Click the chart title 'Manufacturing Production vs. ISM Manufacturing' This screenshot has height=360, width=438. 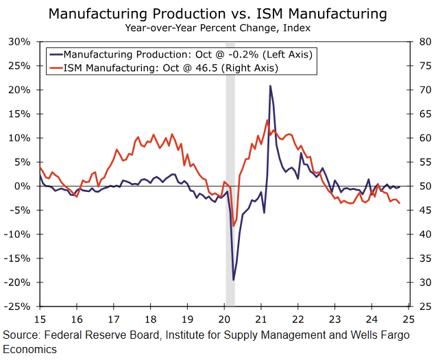coord(218,14)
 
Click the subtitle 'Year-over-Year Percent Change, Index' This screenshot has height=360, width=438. coord(218,28)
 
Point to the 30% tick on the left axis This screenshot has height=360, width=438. coord(19,42)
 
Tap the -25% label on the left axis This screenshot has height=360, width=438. coord(16,307)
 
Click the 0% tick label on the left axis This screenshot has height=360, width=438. coord(22,186)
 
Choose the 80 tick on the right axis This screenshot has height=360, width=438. coord(424,42)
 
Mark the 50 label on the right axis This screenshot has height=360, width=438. coord(424,186)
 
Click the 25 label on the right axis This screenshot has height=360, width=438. coord(424,307)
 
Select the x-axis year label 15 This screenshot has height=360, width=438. coord(39,319)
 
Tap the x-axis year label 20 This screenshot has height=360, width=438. coord(225,319)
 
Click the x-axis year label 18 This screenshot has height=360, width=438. coord(151,319)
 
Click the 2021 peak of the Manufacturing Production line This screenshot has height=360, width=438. coord(270,86)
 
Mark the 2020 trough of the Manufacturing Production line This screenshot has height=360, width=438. coord(234,280)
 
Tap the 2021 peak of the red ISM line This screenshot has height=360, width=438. coord(267,121)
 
